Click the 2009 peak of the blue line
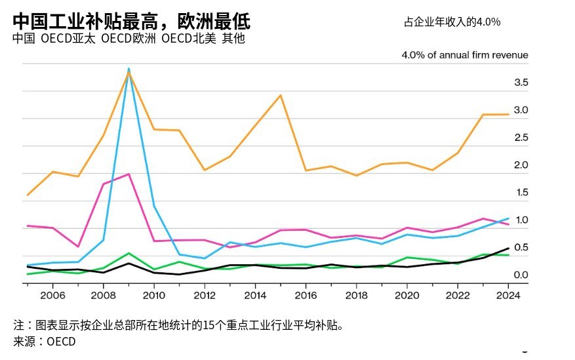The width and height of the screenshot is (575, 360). (129, 69)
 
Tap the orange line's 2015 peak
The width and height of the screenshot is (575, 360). (281, 95)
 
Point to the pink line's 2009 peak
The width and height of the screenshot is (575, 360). (129, 174)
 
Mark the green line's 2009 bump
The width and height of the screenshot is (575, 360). (129, 253)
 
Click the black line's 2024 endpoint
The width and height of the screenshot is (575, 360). (508, 248)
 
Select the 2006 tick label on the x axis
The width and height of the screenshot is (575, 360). (53, 296)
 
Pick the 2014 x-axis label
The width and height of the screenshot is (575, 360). (255, 296)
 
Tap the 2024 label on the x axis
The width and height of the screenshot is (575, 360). (508, 296)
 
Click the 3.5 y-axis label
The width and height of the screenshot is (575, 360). (521, 83)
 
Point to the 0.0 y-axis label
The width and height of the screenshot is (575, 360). (521, 275)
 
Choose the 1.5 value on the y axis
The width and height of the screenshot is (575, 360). (521, 193)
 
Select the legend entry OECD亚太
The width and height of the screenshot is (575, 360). (68, 39)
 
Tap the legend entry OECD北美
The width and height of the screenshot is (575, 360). (189, 39)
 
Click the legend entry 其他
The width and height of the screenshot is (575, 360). (233, 39)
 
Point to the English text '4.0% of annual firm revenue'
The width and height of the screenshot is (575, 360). (465, 55)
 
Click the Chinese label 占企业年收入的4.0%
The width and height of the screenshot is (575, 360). (452, 22)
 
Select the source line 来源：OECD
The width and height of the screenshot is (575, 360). (45, 341)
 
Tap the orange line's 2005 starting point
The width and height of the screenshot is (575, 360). (28, 195)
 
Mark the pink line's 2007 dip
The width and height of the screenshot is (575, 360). (78, 247)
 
